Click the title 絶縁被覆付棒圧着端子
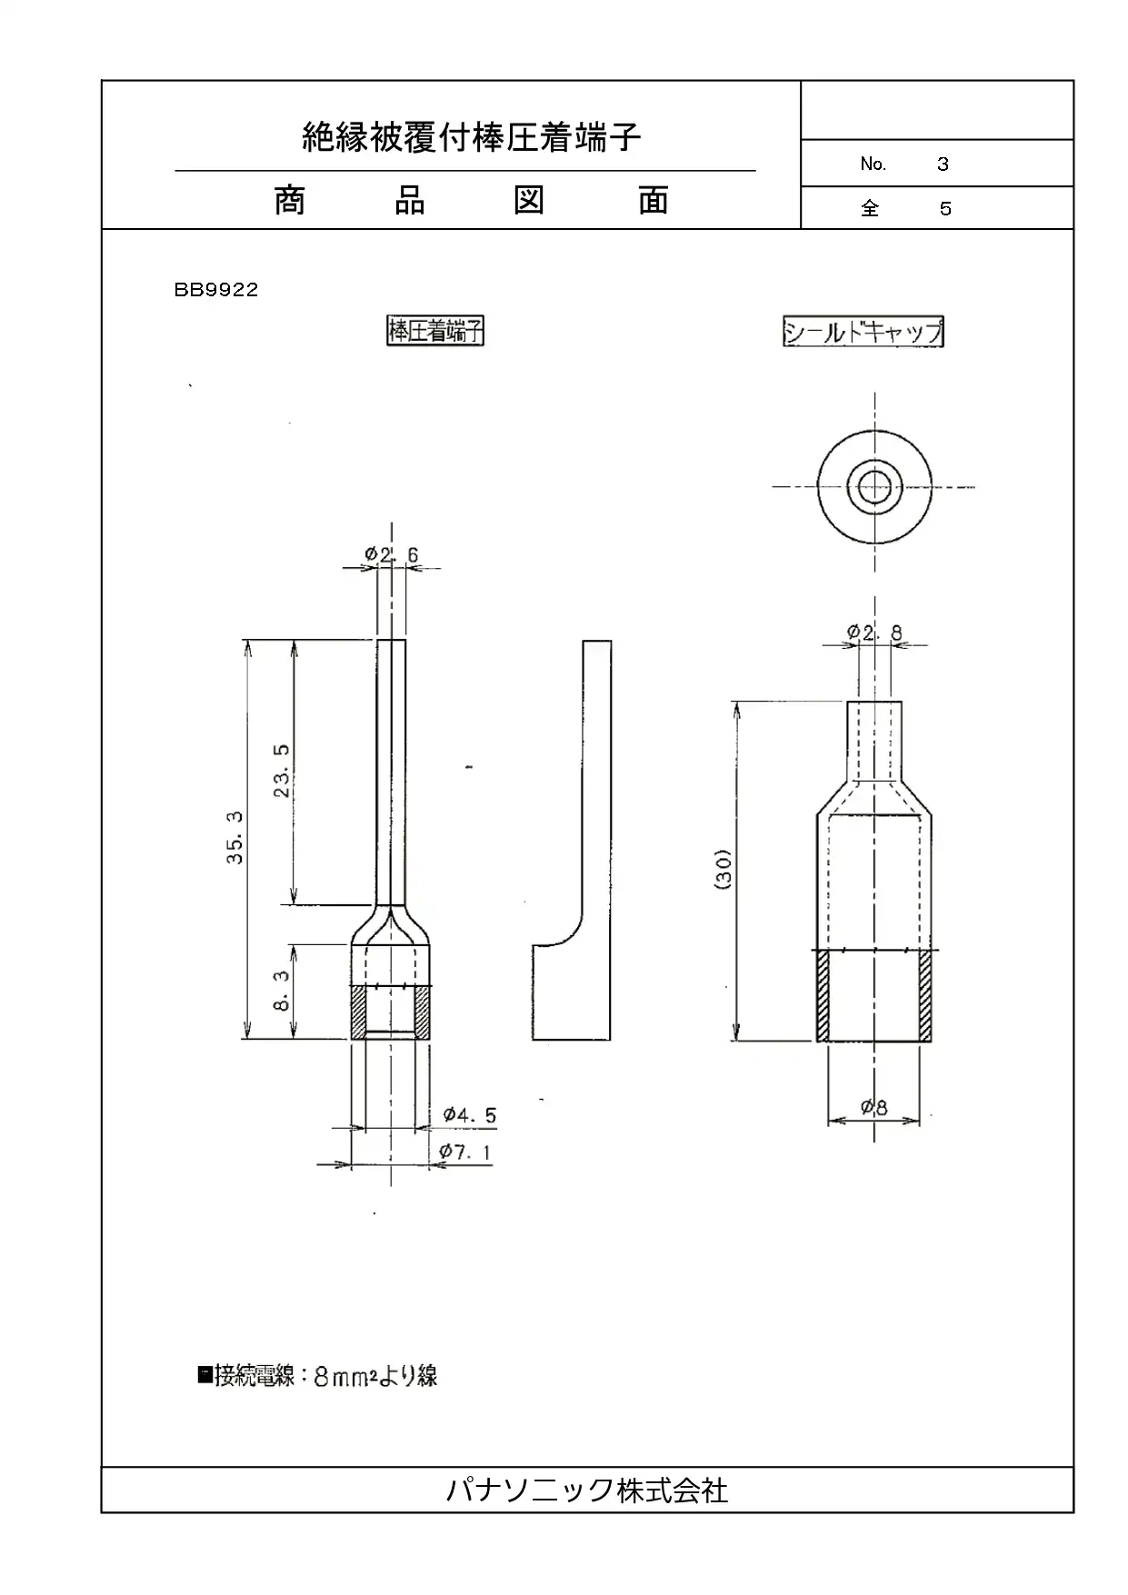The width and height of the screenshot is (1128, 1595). coord(472,137)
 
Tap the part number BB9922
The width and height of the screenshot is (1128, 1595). coord(216,290)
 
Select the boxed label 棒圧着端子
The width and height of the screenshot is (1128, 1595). coord(435,331)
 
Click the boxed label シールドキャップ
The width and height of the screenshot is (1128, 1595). coord(863,331)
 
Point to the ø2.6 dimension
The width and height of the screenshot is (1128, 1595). coord(392,554)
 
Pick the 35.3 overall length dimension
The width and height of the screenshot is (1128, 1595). coord(235,838)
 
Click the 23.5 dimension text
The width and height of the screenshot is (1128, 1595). coord(283,771)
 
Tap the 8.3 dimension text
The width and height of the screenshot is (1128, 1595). coord(283,992)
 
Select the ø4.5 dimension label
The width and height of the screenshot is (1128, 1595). coord(470,1115)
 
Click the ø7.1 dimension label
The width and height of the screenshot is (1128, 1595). coord(465,1151)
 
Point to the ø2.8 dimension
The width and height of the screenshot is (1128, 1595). coord(874,633)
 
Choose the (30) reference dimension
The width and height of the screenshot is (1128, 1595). coord(724,870)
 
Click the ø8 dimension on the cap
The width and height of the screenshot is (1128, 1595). coord(874,1107)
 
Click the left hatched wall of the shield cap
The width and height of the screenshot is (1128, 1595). coord(823,995)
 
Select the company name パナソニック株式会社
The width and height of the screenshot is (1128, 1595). coord(587,1490)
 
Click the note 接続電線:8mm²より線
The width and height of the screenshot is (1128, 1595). coord(317,1375)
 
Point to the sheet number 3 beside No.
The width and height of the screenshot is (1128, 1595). coord(943,164)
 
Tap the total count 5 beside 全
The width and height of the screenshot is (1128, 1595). coord(945,209)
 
